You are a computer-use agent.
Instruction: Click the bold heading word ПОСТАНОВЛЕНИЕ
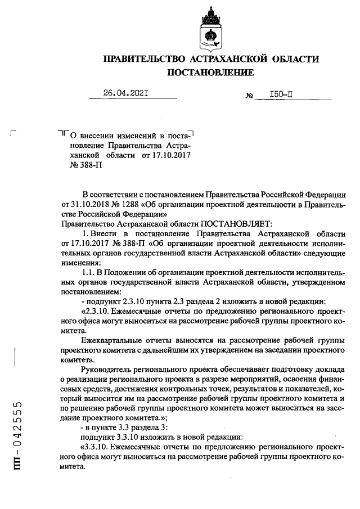pos(210,73)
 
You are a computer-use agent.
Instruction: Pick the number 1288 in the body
pos(132,204)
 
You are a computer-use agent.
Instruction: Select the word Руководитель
pos(105,370)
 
